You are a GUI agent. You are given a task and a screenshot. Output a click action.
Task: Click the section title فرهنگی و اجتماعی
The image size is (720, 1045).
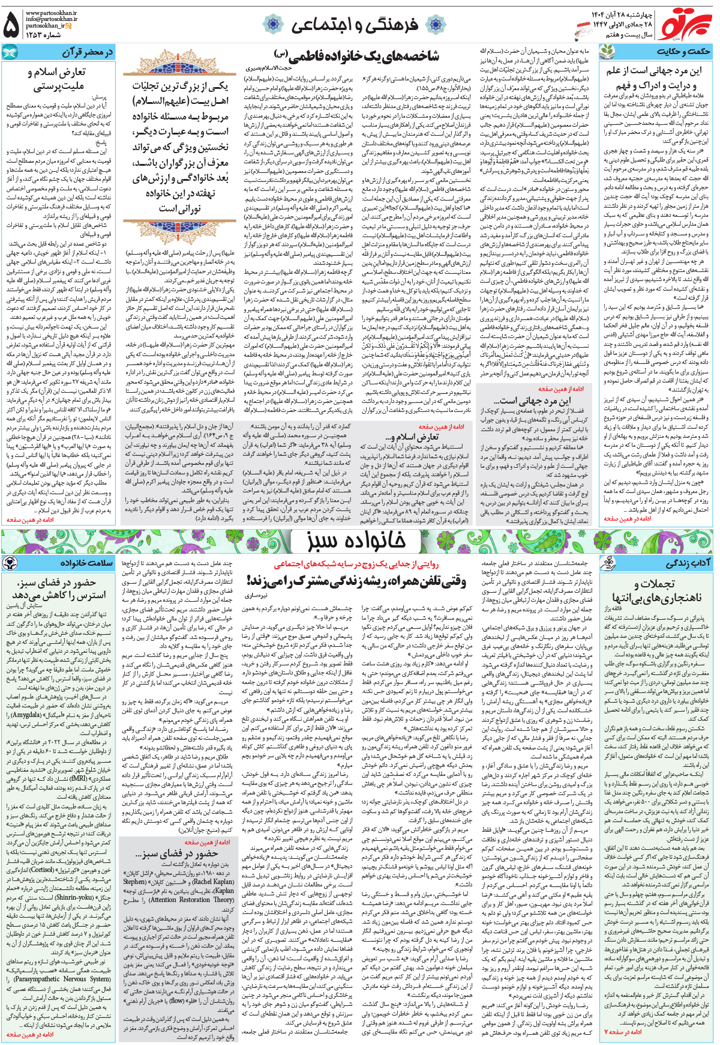coord(355,25)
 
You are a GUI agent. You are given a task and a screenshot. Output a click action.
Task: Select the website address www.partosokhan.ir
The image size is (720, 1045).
coord(51,12)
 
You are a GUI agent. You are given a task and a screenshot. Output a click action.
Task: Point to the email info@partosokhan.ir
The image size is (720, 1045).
coord(51,19)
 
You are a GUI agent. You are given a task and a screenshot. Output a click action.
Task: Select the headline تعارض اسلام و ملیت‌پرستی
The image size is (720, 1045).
coord(57,79)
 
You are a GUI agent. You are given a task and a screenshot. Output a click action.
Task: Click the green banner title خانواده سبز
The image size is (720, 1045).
coord(356,541)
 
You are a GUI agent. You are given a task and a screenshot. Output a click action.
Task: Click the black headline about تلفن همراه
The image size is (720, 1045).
coord(356,581)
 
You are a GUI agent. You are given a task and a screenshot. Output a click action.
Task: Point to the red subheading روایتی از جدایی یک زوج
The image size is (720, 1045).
coord(356,565)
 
